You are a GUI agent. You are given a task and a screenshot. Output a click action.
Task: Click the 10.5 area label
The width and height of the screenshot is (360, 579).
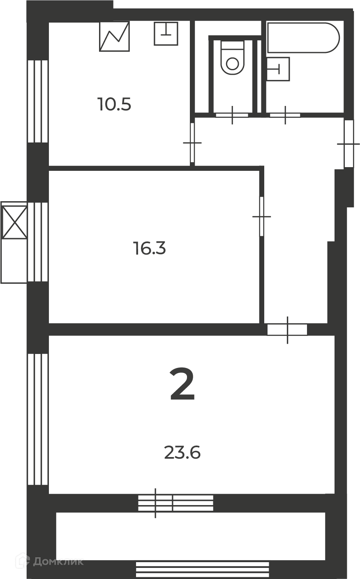[115, 104]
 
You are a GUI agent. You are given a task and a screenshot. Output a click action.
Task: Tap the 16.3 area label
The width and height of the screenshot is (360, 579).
[150, 248]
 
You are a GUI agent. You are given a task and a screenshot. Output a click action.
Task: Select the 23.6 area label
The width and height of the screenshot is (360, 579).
[182, 453]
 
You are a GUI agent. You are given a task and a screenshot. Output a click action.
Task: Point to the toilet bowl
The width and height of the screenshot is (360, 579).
[232, 58]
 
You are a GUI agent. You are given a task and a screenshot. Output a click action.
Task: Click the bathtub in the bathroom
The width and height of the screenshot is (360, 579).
[303, 38]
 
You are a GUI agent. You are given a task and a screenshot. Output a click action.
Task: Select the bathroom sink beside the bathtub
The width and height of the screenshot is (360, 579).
[278, 69]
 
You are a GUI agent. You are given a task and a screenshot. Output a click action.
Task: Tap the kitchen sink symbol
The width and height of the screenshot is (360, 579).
[166, 34]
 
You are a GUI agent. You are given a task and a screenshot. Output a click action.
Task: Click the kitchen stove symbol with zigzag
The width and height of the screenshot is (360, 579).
[114, 37]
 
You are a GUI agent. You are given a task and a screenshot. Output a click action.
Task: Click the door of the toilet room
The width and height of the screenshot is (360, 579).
[232, 115]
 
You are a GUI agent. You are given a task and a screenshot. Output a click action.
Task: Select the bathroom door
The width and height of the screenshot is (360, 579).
[285, 115]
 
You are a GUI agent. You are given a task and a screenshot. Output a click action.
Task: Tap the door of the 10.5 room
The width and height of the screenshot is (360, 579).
[192, 142]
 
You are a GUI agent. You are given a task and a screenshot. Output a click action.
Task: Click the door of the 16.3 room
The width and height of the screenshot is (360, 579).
[262, 216]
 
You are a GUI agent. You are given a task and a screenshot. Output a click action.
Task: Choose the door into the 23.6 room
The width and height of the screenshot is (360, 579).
[287, 330]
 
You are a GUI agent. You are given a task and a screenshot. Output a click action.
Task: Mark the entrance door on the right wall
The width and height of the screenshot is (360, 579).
[348, 144]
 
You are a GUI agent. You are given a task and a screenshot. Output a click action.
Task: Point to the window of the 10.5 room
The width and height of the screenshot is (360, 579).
[38, 101]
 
